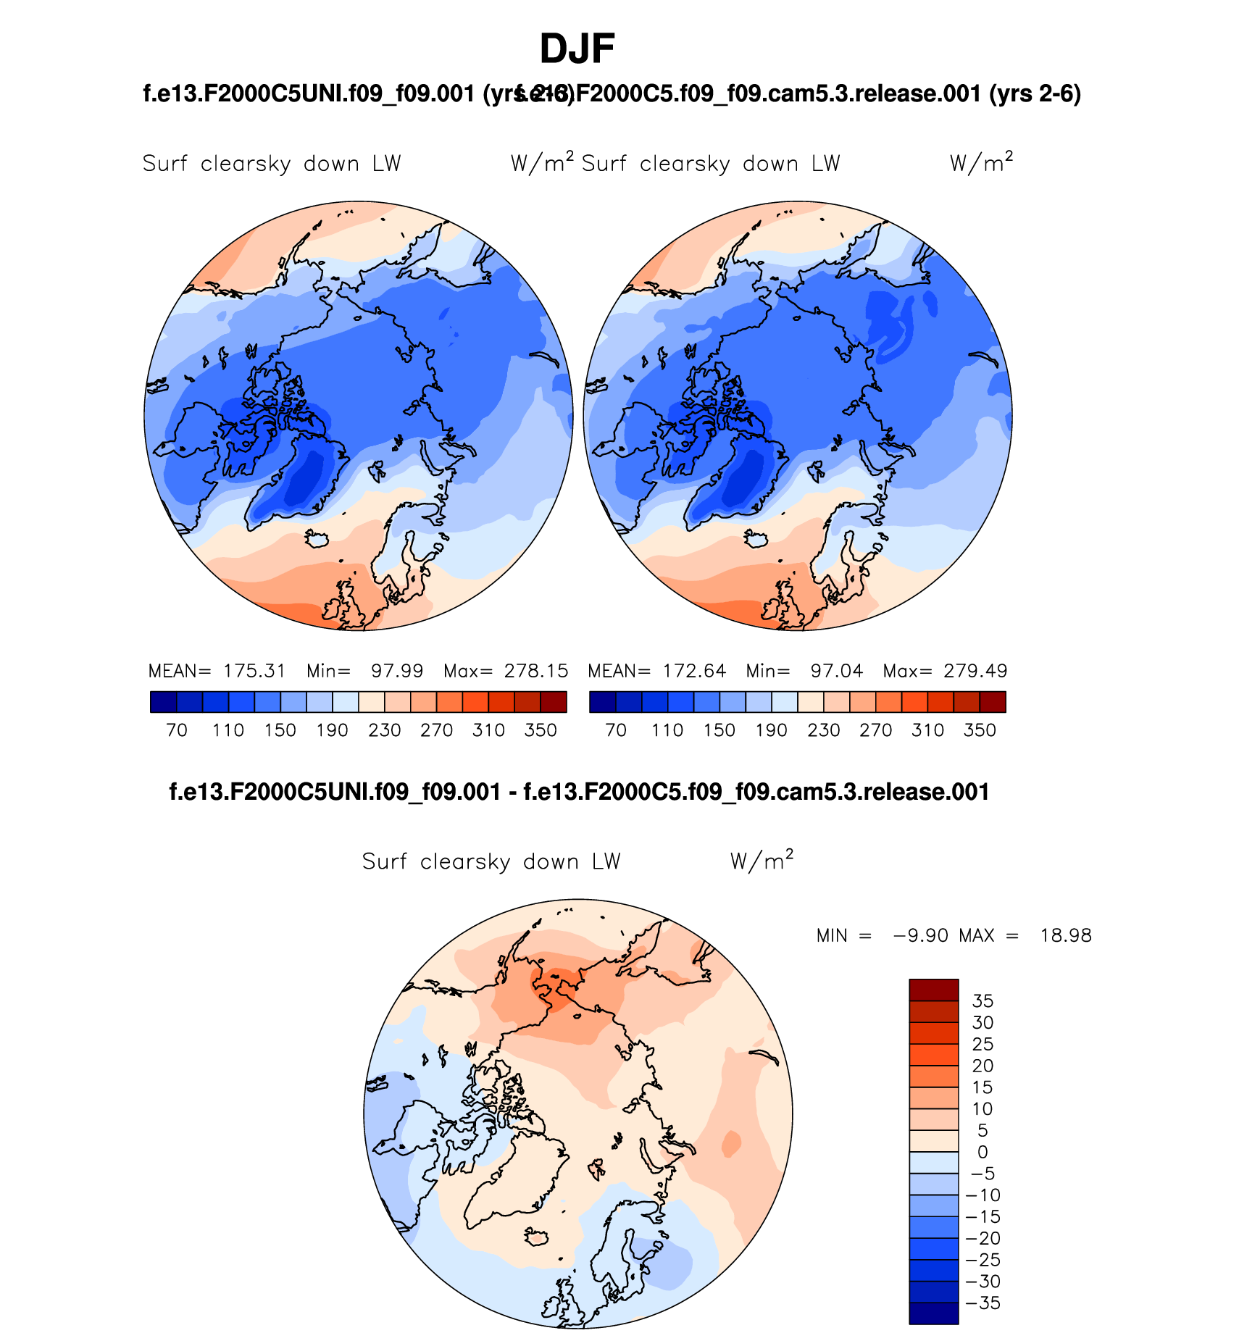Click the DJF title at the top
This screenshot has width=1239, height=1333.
[x=577, y=49]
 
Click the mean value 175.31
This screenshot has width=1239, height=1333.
[x=254, y=671]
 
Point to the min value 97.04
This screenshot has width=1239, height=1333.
[x=837, y=671]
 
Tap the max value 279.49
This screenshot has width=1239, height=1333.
[x=975, y=671]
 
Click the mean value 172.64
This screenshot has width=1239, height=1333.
[x=693, y=671]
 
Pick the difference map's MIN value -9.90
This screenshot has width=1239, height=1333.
[x=921, y=935]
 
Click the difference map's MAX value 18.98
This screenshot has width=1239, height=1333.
[x=1066, y=935]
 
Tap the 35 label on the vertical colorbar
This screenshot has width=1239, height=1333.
[x=983, y=1001]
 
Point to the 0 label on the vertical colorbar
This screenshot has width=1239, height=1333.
[x=983, y=1152]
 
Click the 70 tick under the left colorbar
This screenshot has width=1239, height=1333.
[x=177, y=730]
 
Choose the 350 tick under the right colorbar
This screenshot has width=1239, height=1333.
[x=980, y=730]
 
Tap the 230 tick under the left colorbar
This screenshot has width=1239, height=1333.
[x=384, y=730]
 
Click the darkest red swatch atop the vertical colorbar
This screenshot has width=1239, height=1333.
[x=933, y=990]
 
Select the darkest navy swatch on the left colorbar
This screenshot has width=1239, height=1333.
[x=164, y=702]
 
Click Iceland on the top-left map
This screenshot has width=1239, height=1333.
[x=317, y=540]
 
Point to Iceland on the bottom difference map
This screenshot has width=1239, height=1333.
[x=537, y=1237]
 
